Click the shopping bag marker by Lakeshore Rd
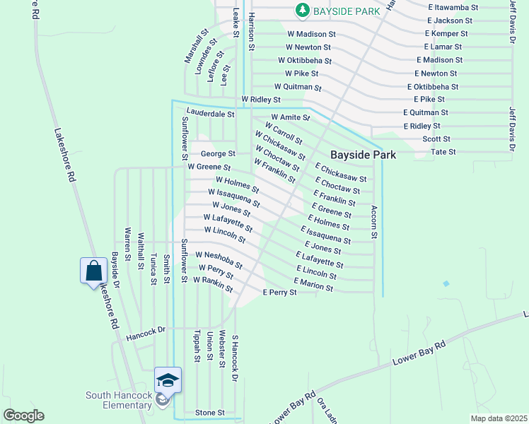93,271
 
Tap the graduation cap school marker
168,380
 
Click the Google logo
23,416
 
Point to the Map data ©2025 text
498,418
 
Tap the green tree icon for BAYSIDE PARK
302,10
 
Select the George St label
217,153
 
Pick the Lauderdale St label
209,113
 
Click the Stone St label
210,412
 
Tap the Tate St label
443,152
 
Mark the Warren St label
128,244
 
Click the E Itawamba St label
453,8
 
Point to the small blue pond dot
446,283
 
